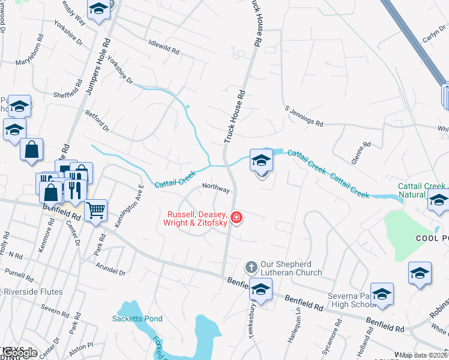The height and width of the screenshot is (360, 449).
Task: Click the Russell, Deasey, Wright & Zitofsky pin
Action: click(x=237, y=217)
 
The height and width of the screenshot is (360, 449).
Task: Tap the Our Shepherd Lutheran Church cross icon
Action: click(x=251, y=265)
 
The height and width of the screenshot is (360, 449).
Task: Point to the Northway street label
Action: click(x=216, y=188)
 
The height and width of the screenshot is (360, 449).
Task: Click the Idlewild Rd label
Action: click(x=164, y=47)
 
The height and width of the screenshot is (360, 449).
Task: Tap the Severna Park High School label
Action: click(x=352, y=301)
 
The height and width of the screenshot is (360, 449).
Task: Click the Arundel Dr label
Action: click(x=113, y=269)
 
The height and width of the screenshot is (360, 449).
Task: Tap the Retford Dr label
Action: click(x=97, y=121)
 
